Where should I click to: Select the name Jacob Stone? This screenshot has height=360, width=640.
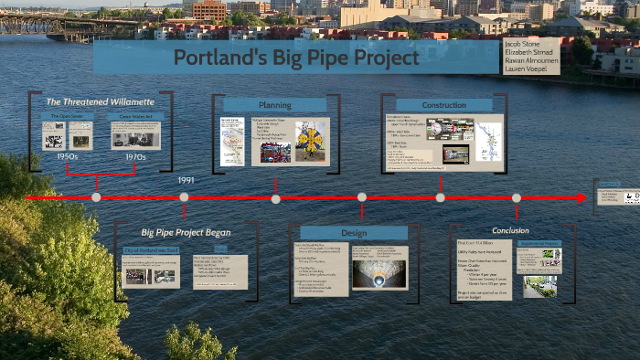coord(522,43)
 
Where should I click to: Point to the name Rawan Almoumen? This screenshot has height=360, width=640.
coord(531,60)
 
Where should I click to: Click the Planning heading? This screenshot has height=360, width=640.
coord(274,105)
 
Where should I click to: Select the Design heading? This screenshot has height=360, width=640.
coord(354,233)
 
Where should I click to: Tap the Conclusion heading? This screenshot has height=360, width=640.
coord(510,230)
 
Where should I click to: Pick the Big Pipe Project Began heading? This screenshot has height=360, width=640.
coord(186,232)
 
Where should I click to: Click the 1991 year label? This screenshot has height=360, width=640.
coord(186,180)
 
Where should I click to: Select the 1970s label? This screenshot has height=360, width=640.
coord(136,156)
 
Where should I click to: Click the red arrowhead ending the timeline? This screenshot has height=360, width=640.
coord(581,197)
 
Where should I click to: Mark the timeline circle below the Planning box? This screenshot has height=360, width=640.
coord(275,197)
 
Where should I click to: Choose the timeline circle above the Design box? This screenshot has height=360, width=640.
coord(362,197)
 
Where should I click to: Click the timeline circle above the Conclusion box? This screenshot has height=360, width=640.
coord(517,197)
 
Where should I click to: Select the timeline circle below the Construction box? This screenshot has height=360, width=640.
coord(441,197)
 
